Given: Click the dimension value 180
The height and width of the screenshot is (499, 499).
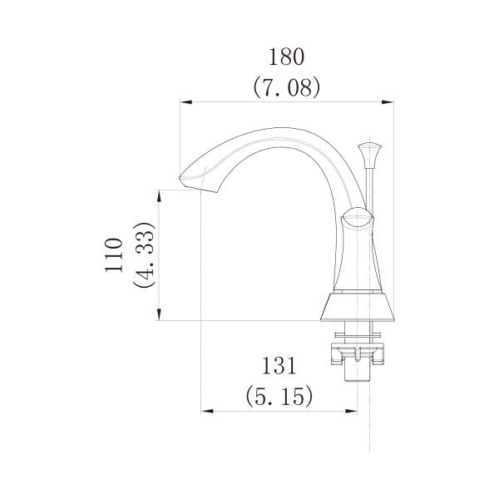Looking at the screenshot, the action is tap(286, 57).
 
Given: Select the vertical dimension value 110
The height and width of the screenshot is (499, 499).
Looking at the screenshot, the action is tap(114, 255).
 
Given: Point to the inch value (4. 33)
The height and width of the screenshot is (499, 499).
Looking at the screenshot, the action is tap(144, 255).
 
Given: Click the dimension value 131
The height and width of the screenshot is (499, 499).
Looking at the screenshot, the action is tap(279, 366).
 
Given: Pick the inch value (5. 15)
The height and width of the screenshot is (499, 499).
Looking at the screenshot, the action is tap(279, 396).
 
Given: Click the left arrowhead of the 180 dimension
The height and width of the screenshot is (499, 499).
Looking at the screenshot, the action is tap(186, 102).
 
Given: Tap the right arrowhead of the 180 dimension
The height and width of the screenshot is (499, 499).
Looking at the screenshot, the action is tap(388, 102).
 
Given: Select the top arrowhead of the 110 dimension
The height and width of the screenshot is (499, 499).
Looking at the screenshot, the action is tap(160, 196).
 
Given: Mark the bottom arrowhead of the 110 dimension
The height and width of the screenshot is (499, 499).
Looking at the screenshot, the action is tap(160, 314).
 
